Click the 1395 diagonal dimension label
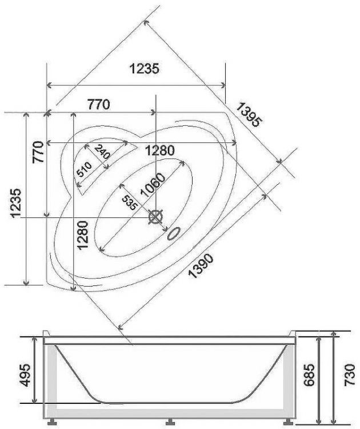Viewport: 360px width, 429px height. click(x=249, y=114)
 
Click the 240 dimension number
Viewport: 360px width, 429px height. click(x=102, y=153)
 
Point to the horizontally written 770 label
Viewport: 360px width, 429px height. click(x=98, y=105)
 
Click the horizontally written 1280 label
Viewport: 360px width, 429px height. click(x=159, y=151)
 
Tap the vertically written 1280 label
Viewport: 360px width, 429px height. click(x=82, y=236)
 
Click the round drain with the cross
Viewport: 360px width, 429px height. click(x=156, y=217)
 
